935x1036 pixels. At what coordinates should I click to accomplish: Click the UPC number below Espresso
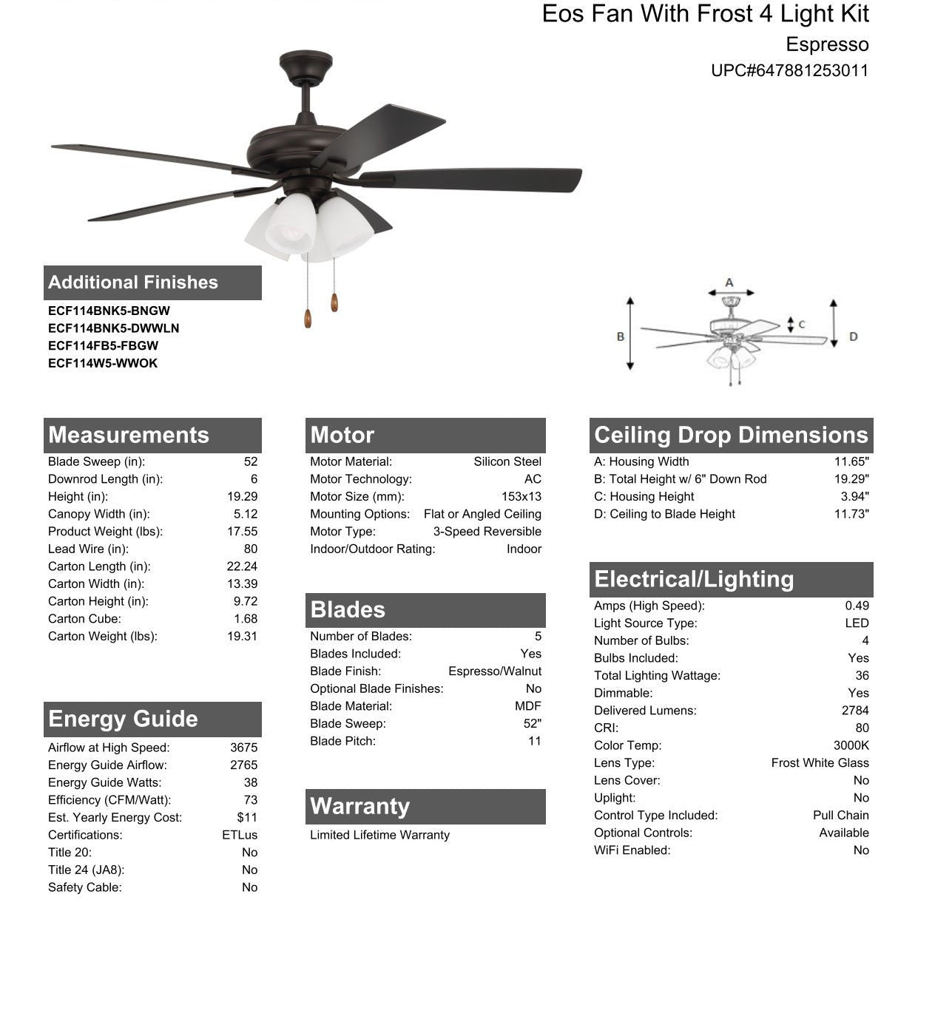point(789,71)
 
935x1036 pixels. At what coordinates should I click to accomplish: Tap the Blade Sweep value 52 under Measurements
point(251,461)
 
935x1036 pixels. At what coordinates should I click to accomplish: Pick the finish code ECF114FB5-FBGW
point(103,345)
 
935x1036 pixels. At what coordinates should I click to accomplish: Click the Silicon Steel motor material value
point(507,461)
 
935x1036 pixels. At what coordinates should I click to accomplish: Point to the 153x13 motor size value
point(521,497)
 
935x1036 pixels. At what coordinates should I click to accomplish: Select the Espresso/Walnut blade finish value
point(494,671)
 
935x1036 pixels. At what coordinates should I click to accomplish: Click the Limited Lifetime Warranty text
point(379,835)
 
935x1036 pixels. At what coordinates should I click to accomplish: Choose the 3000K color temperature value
point(851,745)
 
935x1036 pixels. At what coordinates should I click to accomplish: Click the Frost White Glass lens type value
point(820,763)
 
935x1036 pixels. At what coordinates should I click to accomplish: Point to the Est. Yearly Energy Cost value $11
point(247,818)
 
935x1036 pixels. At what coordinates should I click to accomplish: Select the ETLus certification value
point(240,835)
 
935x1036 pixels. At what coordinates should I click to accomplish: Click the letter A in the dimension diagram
point(729,282)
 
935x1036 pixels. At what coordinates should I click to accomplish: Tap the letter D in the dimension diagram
point(853,336)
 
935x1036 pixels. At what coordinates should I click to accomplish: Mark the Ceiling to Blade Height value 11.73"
point(851,514)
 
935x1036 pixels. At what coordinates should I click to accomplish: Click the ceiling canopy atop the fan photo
point(306,65)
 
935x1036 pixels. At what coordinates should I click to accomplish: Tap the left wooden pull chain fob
point(308,318)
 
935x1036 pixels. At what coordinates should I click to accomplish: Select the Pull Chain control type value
point(840,815)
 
